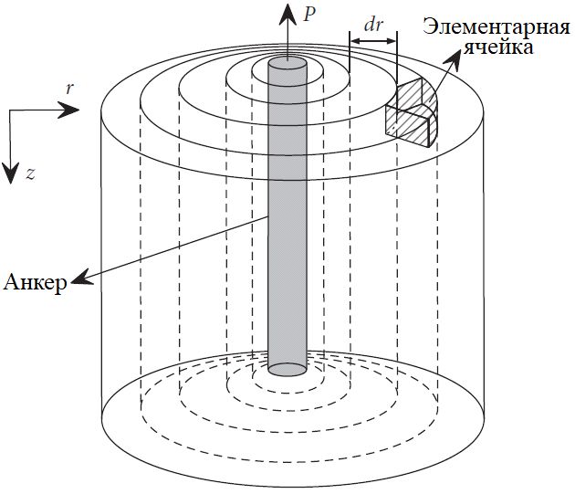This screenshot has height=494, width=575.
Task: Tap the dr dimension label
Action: pyautogui.click(x=372, y=26)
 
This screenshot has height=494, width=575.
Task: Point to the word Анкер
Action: pyautogui.click(x=35, y=282)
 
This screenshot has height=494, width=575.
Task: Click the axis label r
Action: pyautogui.click(x=70, y=89)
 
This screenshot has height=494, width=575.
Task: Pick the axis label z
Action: pyautogui.click(x=30, y=173)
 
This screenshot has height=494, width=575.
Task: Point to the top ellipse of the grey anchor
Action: pyautogui.click(x=287, y=63)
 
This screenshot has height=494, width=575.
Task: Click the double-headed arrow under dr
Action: pyautogui.click(x=372, y=41)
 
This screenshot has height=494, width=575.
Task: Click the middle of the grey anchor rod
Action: pyautogui.click(x=287, y=215)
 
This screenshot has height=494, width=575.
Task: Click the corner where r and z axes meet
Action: pyautogui.click(x=10, y=110)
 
